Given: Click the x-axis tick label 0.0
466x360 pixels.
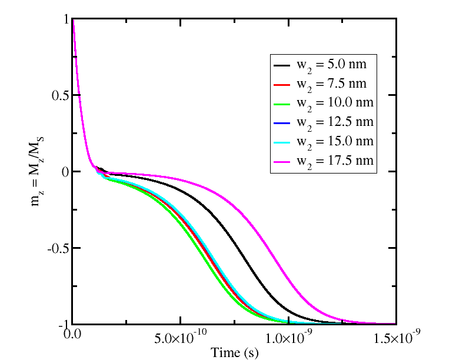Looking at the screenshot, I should click(x=72, y=338).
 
